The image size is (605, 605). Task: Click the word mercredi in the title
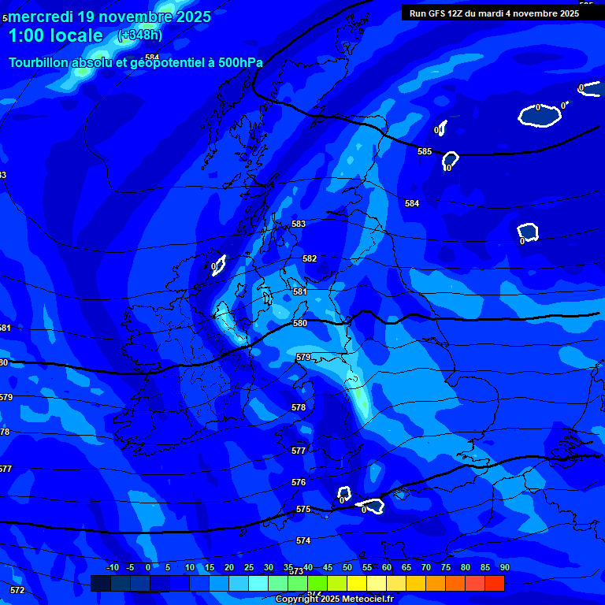coord(39,17)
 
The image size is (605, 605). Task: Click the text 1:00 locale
coord(55,35)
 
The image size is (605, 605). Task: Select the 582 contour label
coord(310,258)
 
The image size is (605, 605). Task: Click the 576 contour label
coord(299,482)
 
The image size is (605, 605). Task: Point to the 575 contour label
coord(303,510)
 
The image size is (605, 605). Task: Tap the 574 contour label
coord(303,540)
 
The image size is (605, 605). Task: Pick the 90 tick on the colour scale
coord(504,567)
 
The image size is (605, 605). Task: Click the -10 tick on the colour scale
coord(112,567)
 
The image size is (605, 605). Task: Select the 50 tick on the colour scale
coord(347,567)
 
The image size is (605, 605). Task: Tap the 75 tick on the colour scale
coord(446,567)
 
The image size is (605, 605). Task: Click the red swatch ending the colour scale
coord(495,583)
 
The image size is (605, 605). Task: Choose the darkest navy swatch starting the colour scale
coord(100,583)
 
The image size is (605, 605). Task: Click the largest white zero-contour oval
coord(540,115)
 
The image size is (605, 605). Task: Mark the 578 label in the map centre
coord(299,407)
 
